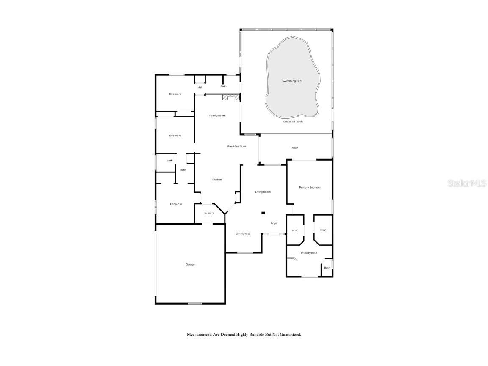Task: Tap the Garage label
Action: click(190, 265)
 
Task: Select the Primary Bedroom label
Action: click(310, 187)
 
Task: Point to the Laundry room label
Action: click(208, 213)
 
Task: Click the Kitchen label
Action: click(217, 180)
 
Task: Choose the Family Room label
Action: click(217, 116)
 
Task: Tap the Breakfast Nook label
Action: click(237, 146)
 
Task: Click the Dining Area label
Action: click(243, 234)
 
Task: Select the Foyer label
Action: click(274, 223)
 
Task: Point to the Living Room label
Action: click(263, 192)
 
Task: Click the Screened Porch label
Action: click(293, 122)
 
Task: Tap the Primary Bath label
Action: click(309, 253)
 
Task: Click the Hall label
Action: click(200, 87)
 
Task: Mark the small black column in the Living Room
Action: click(263, 213)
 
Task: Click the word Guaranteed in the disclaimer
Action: click(289, 335)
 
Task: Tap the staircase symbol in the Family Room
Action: click(230, 98)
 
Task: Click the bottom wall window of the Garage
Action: click(194, 303)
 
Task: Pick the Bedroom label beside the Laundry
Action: click(176, 204)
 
